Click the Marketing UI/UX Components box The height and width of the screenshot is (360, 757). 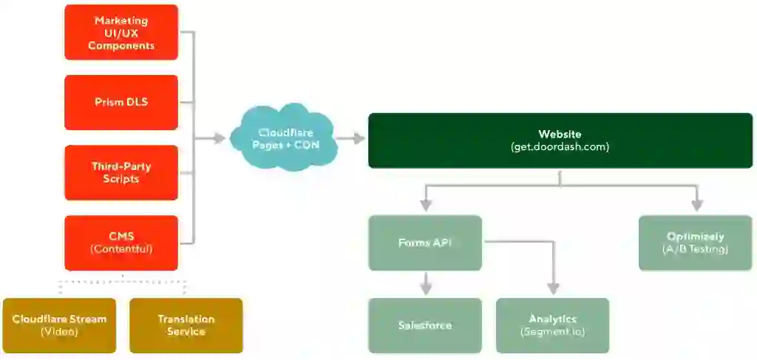click(121, 33)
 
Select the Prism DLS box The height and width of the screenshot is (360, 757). click(121, 102)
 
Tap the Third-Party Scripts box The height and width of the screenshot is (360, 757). click(121, 172)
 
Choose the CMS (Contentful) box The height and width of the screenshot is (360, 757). click(121, 242)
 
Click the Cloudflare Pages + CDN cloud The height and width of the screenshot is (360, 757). click(284, 139)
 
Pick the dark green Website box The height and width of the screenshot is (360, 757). click(560, 140)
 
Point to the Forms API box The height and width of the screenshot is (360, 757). click(425, 242)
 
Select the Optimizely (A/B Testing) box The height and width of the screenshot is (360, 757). click(695, 242)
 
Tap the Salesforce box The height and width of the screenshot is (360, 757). click(425, 325)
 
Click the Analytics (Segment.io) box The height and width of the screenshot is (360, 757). click(552, 325)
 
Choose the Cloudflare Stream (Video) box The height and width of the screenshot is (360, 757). click(59, 325)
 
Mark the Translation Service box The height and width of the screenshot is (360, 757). click(186, 325)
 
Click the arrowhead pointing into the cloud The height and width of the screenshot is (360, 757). click(220, 138)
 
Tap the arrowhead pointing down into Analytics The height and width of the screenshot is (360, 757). click(552, 289)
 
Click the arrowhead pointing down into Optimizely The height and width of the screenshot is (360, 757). click(695, 204)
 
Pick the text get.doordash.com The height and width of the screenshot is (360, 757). click(560, 147)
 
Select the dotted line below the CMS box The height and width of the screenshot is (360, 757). click(122, 282)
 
